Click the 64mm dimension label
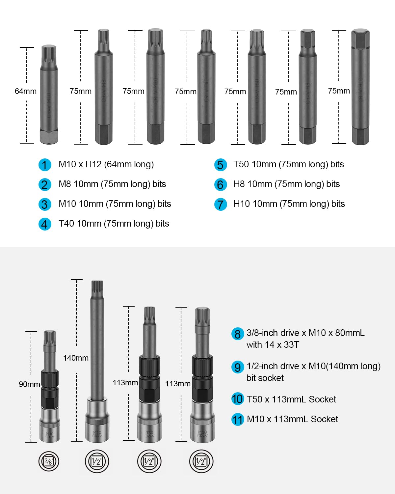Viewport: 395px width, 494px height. [25, 91]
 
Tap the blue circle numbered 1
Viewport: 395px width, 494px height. [45, 165]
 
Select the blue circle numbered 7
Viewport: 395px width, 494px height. [220, 204]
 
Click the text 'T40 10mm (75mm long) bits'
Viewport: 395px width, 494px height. [114, 224]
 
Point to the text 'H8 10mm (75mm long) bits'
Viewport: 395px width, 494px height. [286, 184]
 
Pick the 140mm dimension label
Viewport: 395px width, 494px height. [76, 358]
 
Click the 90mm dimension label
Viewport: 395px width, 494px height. [29, 384]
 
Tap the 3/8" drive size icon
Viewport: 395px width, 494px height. [49, 461]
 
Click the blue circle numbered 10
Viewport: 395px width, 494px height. [237, 399]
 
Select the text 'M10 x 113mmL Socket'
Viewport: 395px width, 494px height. [292, 419]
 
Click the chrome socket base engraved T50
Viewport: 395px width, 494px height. [149, 422]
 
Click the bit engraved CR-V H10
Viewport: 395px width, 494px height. [360, 87]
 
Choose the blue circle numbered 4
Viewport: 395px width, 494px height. [45, 224]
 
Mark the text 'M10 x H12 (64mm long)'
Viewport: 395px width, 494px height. [106, 164]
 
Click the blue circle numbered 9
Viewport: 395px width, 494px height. [237, 367]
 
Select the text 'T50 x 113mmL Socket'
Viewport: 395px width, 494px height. [291, 399]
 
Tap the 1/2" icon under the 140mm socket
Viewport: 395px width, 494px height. [97, 461]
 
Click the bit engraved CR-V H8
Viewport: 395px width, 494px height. [308, 87]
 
